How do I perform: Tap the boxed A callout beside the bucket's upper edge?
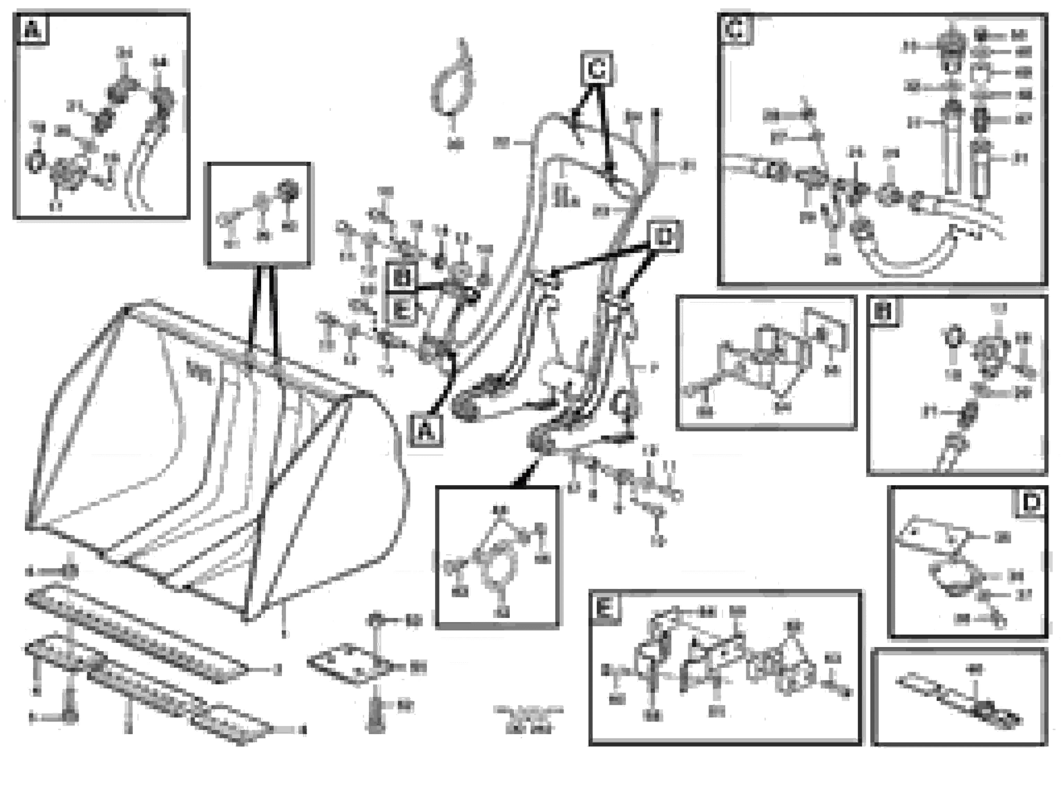[426, 431]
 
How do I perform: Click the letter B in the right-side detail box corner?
[884, 312]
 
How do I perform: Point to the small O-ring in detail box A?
[35, 162]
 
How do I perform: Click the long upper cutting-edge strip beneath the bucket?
[138, 632]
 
